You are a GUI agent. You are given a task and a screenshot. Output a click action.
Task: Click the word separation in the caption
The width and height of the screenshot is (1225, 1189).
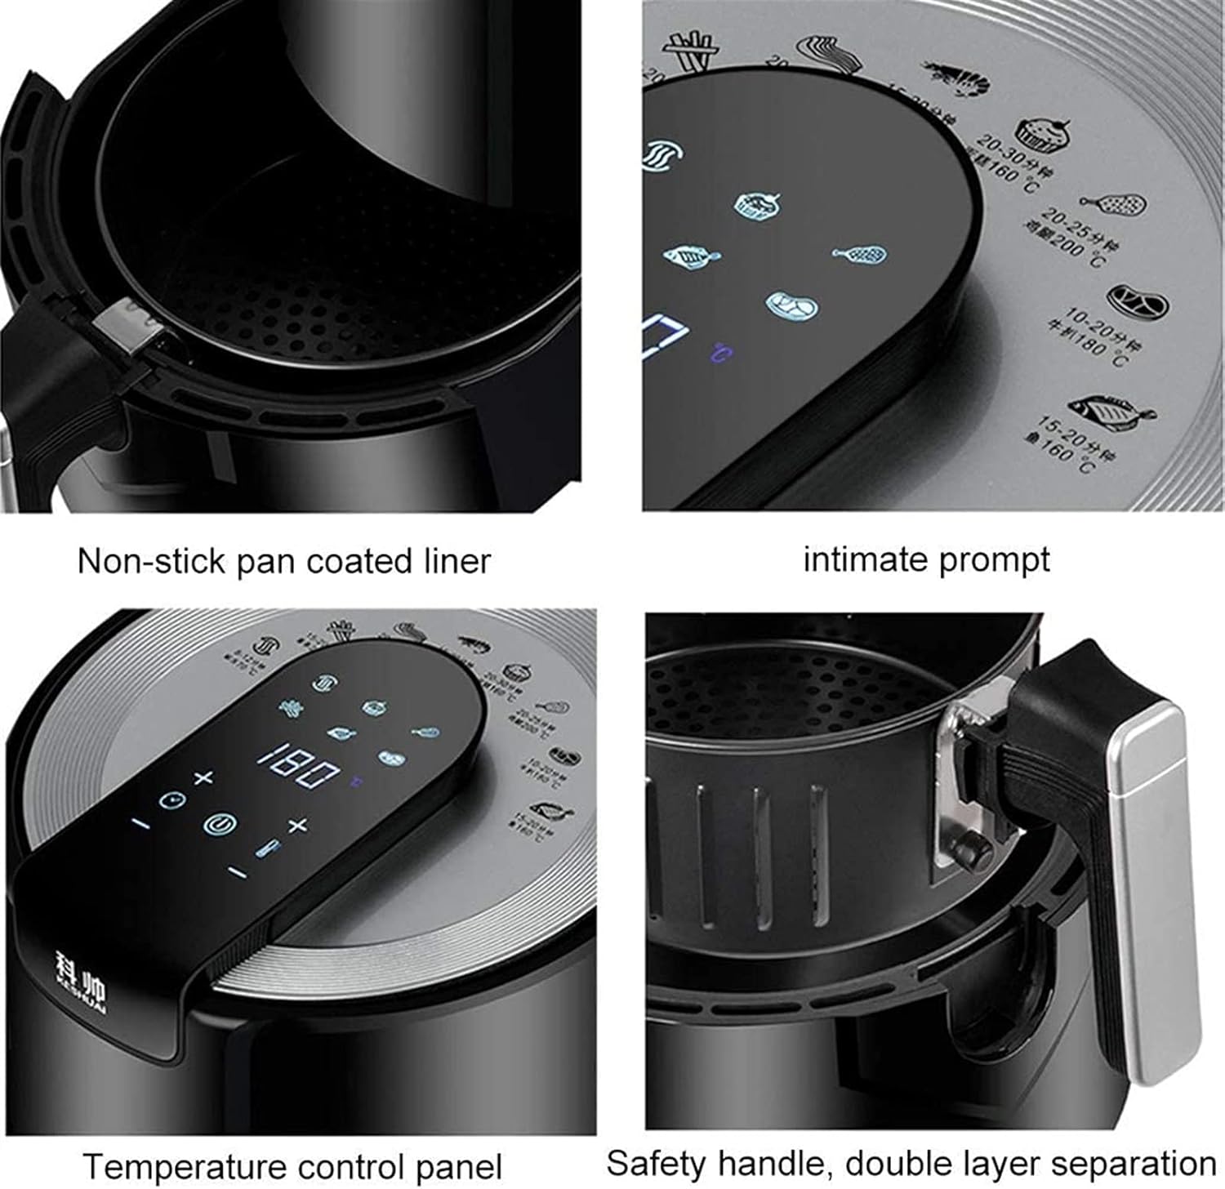(x=1136, y=1162)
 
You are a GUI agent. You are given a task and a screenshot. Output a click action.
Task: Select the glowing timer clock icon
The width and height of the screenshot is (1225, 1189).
(x=171, y=799)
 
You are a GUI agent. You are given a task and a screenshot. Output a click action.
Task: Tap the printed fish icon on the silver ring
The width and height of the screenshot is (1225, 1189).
(x=1111, y=410)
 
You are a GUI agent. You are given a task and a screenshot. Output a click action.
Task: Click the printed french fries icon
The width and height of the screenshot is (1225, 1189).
(x=687, y=52)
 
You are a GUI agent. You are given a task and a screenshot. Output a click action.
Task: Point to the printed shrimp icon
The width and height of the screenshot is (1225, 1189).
(x=957, y=78)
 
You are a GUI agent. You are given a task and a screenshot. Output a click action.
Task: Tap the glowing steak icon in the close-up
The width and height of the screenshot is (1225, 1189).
(x=791, y=305)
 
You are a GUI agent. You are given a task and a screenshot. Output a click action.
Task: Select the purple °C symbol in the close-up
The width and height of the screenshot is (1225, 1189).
(x=720, y=354)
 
